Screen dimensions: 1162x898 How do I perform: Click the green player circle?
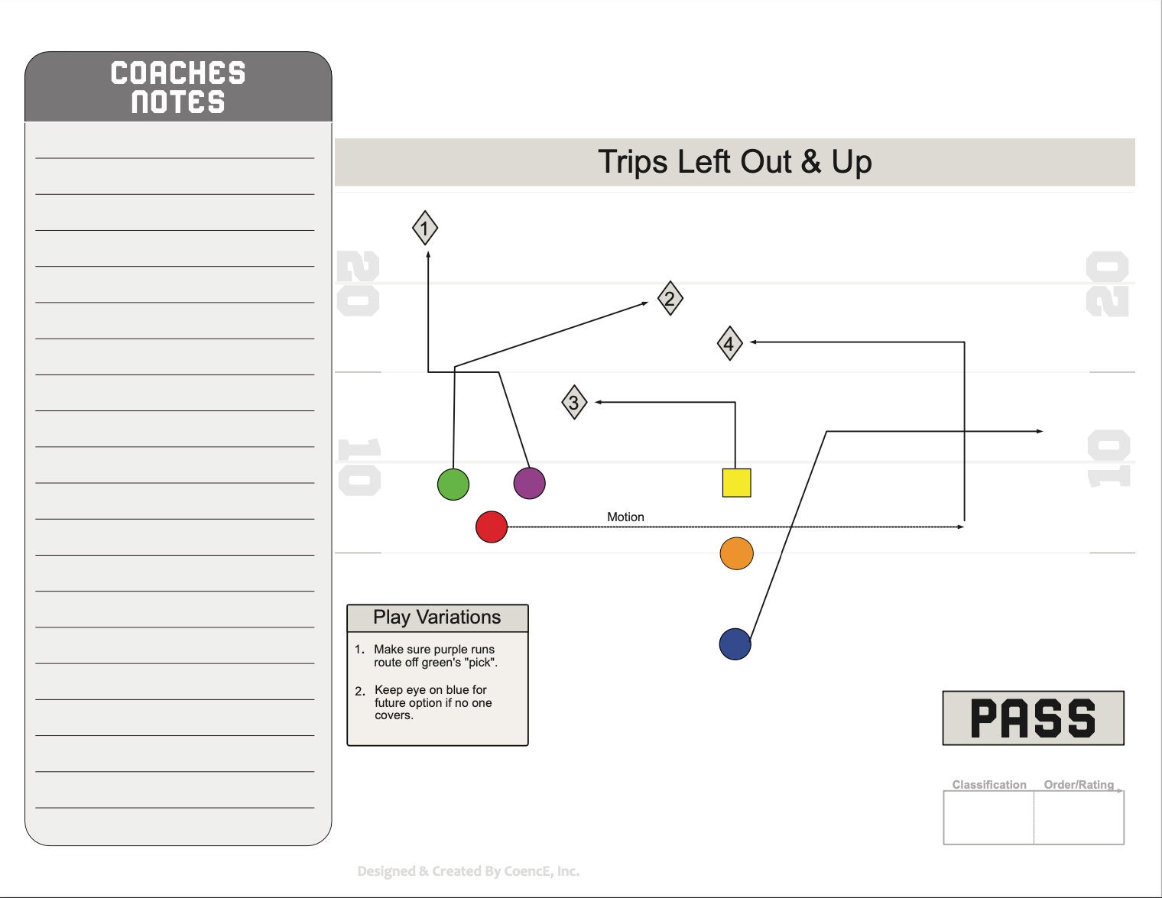pos(453,485)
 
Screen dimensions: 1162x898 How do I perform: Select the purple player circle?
pos(529,483)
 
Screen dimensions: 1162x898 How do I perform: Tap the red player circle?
pos(492,527)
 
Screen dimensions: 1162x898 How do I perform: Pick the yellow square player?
pos(736,483)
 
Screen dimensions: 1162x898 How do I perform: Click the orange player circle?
pos(736,553)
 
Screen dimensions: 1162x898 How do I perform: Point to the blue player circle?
pos(735,644)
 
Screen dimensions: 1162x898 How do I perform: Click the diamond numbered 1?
pos(425,228)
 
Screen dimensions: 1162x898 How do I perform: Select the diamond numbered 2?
pos(670,298)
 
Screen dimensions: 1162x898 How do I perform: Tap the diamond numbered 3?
pos(574,402)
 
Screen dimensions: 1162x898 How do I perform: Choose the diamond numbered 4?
pos(729,343)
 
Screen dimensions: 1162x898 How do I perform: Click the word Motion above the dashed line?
pos(625,517)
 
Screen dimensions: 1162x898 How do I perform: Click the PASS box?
pos(1033,718)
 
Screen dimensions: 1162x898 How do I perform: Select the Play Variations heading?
pos(437,617)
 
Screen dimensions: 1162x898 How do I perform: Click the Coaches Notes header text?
pos(178,87)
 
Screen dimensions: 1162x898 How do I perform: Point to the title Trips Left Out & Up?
pos(735,161)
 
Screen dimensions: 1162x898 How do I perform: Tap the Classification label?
pos(989,785)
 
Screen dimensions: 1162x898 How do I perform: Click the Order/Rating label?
pos(1079,785)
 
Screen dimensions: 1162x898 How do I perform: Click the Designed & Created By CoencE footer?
pos(468,871)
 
